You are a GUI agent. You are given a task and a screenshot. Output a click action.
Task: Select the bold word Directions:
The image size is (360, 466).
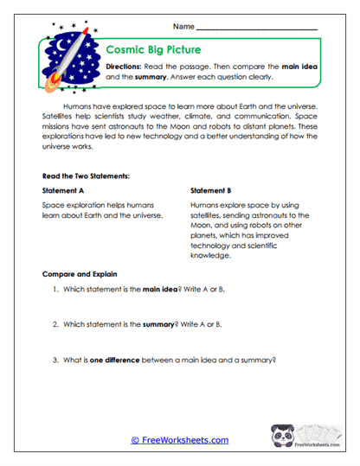pos(125,67)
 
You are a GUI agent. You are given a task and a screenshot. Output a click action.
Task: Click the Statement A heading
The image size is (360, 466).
pos(64,191)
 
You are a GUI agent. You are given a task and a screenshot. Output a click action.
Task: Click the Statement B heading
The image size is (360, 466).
pos(210,191)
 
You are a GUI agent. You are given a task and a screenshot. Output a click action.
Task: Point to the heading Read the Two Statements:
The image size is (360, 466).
pos(86,176)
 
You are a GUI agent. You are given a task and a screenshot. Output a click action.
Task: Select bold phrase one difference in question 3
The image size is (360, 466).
pos(116,359)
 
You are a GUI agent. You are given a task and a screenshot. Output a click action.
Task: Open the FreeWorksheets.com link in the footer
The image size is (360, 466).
pos(179,440)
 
